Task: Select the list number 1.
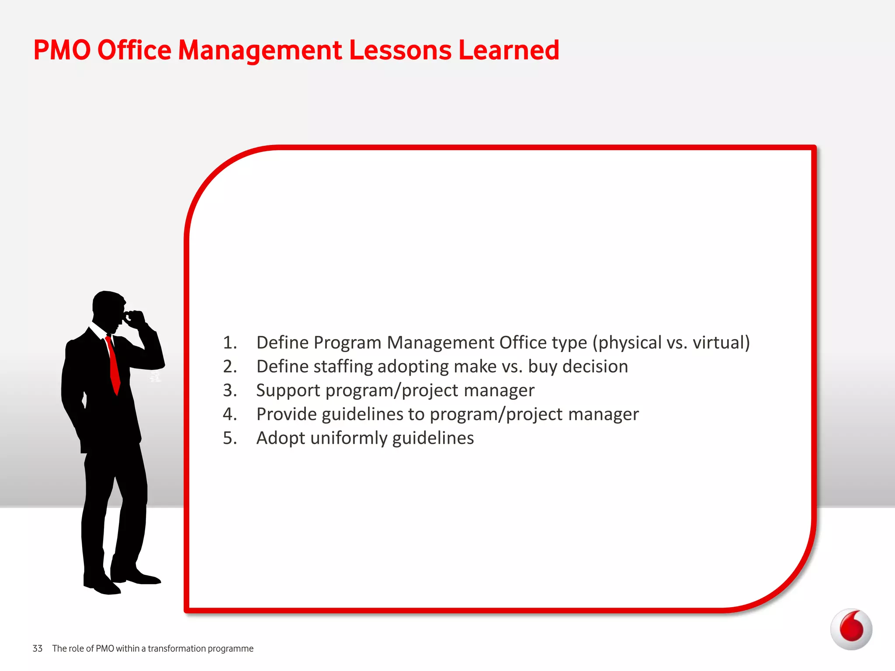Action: tap(229, 342)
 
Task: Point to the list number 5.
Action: tap(229, 438)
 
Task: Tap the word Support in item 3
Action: tap(288, 391)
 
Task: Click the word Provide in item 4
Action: tap(286, 414)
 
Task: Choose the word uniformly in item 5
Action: tap(348, 438)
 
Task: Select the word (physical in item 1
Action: tap(627, 343)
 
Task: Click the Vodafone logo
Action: tap(851, 629)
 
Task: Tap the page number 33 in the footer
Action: tap(38, 648)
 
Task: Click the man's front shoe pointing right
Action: tap(144, 578)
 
